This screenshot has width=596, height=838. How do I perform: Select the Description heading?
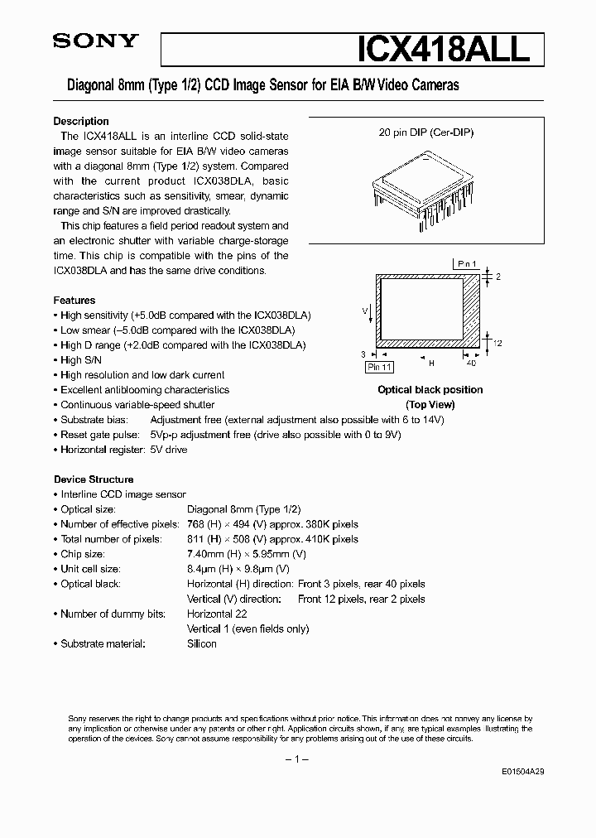tap(81, 121)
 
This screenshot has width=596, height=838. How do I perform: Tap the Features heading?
tap(74, 301)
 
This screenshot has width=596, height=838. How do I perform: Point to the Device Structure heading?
tap(94, 479)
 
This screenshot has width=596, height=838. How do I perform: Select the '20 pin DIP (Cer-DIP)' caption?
tap(426, 132)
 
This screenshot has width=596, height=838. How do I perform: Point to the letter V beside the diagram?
tap(365, 311)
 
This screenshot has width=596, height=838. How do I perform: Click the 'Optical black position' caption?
tap(430, 390)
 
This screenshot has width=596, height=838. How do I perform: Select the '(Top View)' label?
tap(430, 405)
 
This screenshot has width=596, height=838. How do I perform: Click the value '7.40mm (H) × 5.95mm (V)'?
tap(247, 554)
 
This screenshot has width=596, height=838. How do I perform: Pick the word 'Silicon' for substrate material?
tap(202, 643)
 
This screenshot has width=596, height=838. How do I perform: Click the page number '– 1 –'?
tap(297, 759)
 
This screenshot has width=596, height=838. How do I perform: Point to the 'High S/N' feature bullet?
tap(81, 360)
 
